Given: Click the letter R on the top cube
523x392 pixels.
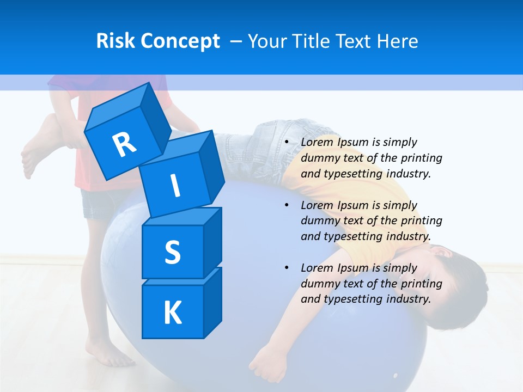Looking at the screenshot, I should [x=125, y=144].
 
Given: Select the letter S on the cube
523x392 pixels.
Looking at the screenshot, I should [x=172, y=252].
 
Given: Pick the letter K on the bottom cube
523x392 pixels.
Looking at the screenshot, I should [x=172, y=313].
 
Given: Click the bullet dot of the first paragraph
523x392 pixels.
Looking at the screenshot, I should [x=287, y=142].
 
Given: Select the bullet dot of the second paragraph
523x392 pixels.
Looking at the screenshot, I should [x=287, y=205].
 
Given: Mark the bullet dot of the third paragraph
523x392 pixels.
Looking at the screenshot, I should [x=287, y=268].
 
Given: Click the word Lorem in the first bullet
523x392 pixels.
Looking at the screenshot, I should [x=317, y=142].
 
